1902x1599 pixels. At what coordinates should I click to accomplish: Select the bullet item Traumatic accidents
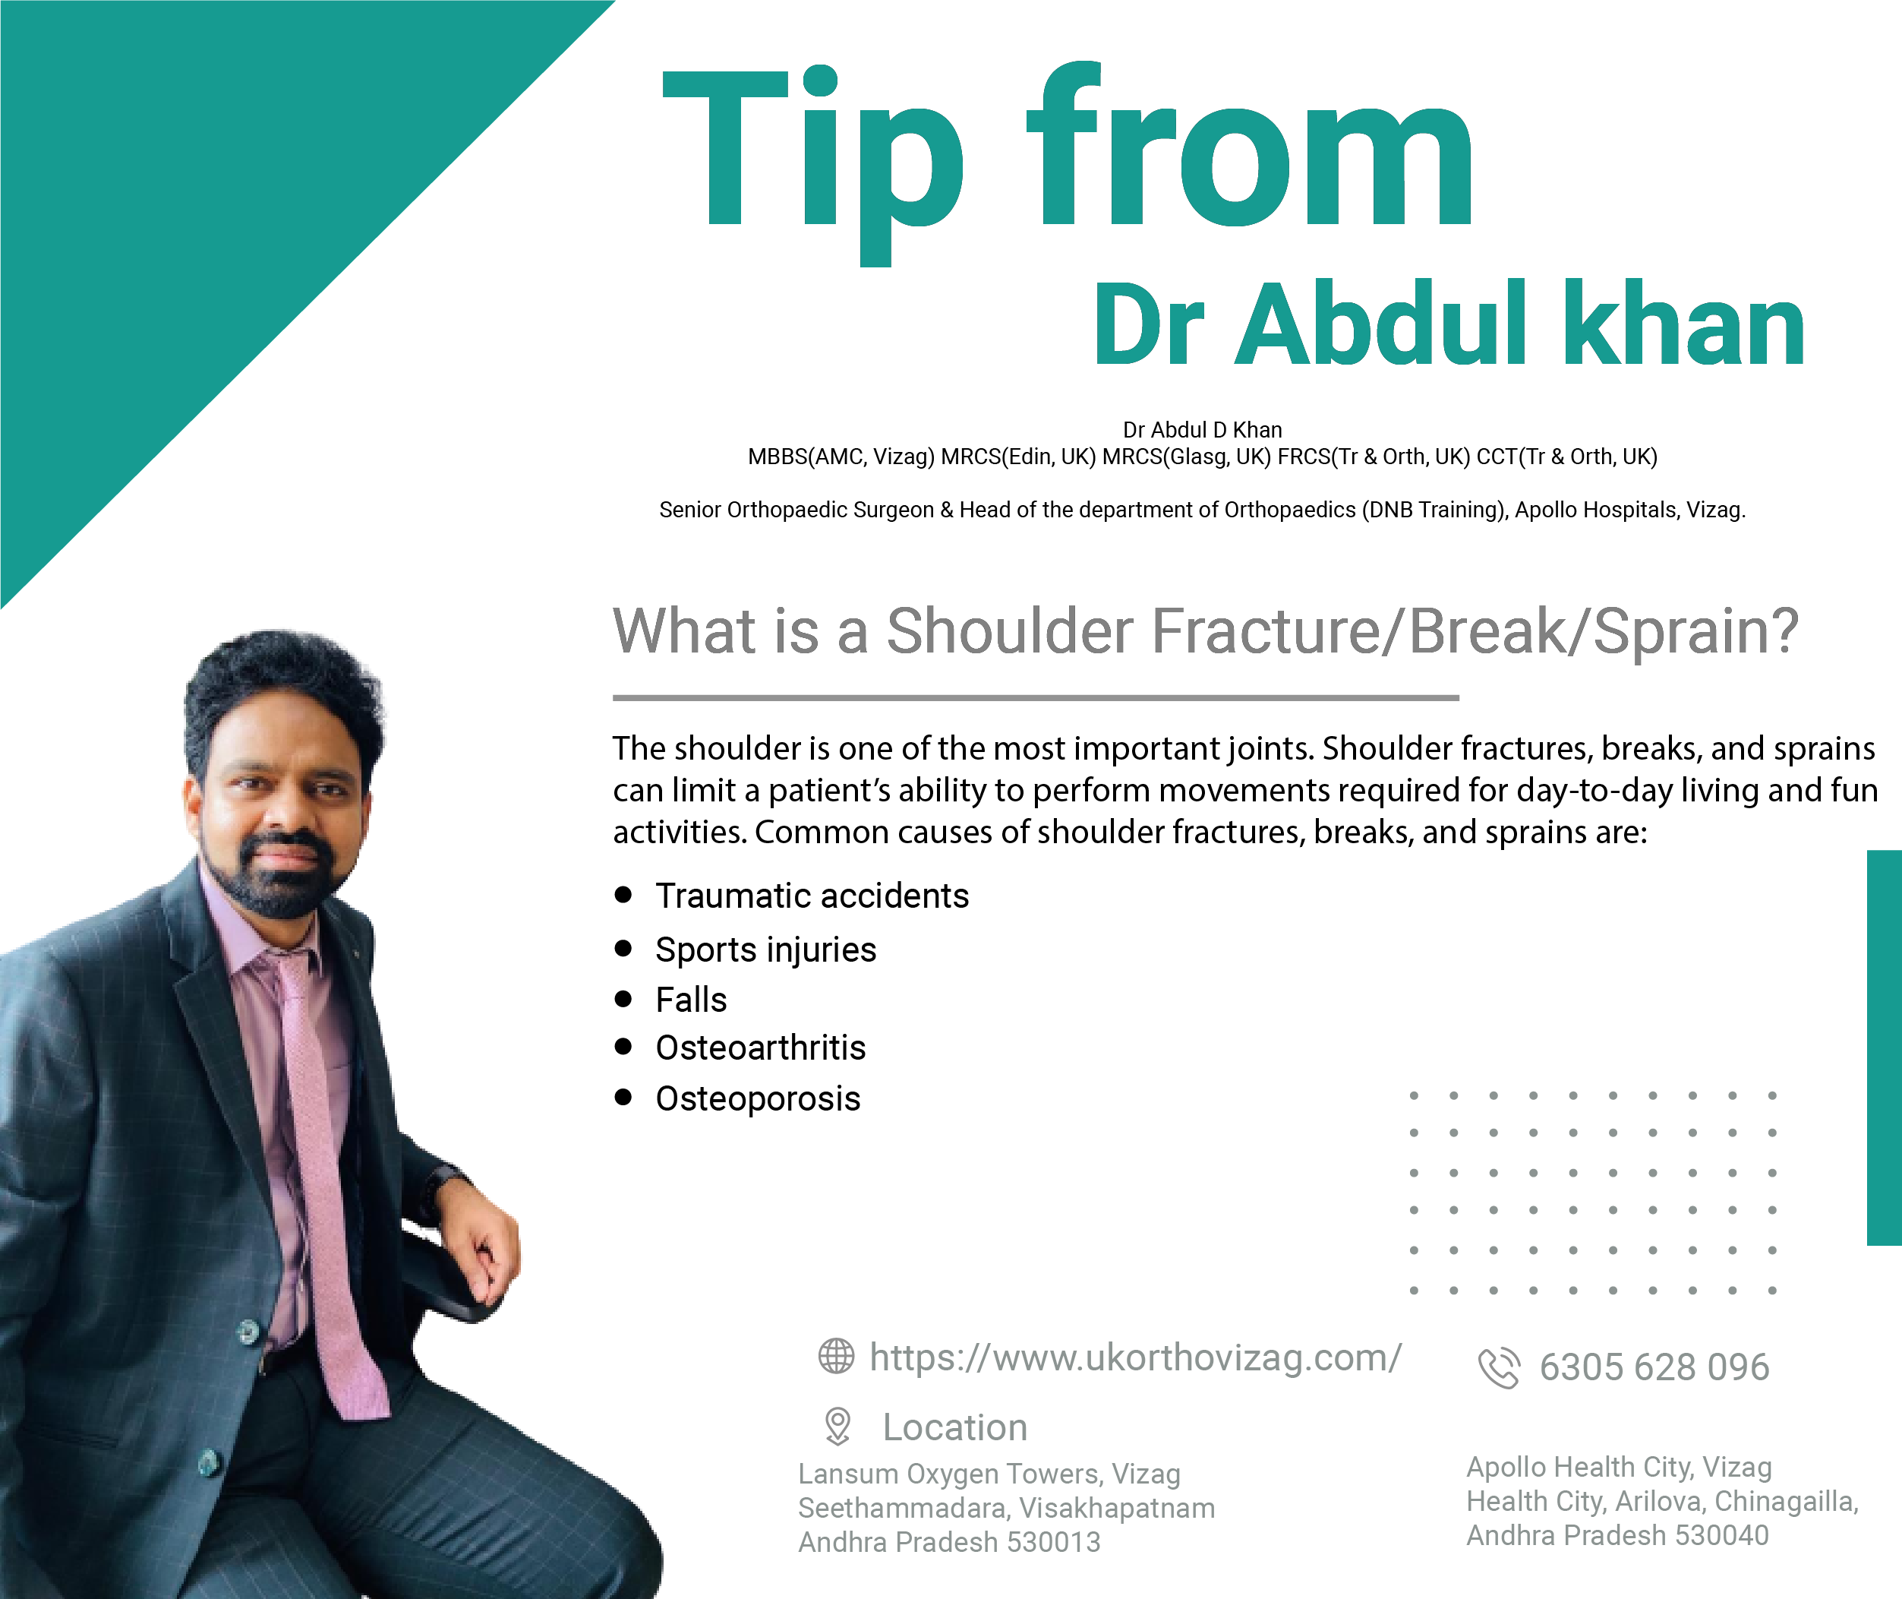pos(812,896)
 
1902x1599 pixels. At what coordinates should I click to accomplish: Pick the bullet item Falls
pos(692,1000)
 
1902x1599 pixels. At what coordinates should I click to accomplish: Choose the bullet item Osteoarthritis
pos(760,1048)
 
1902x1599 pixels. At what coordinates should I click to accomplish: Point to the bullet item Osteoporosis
pos(758,1098)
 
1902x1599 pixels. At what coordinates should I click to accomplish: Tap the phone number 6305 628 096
pos(1654,1367)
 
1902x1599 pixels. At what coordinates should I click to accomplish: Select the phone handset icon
pos(1498,1368)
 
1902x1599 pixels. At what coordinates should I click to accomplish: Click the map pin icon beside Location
pos(838,1426)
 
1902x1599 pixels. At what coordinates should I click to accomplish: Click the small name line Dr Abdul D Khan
pos(1203,430)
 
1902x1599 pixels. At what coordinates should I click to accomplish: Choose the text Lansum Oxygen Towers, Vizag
pos(989,1474)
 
